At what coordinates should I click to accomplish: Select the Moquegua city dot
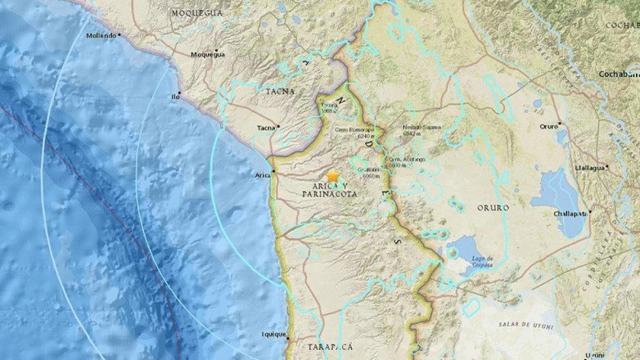216,49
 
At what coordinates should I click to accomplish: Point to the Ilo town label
176,97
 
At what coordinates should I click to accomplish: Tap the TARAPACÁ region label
330,346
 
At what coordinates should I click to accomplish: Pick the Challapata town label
568,214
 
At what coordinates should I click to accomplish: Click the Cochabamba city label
619,73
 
